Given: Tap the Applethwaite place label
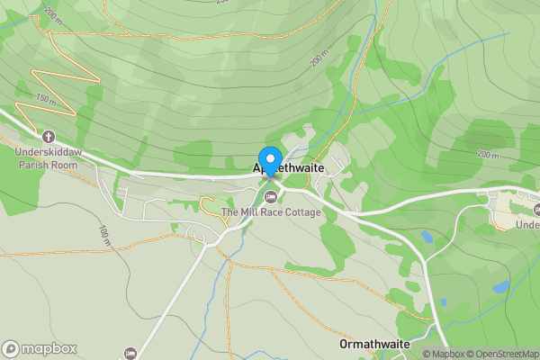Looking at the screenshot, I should pyautogui.click(x=287, y=168).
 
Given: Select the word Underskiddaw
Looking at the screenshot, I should pyautogui.click(x=48, y=152).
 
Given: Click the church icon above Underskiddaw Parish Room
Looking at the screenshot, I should pyautogui.click(x=48, y=138).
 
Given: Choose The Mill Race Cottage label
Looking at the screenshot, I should pyautogui.click(x=271, y=212).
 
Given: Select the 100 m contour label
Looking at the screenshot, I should pyautogui.click(x=103, y=235).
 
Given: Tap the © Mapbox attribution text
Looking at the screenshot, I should pyautogui.click(x=445, y=354).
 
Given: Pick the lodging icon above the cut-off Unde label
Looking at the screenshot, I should pyautogui.click(x=526, y=208).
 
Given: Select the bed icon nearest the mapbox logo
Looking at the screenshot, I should pyautogui.click(x=130, y=353).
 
